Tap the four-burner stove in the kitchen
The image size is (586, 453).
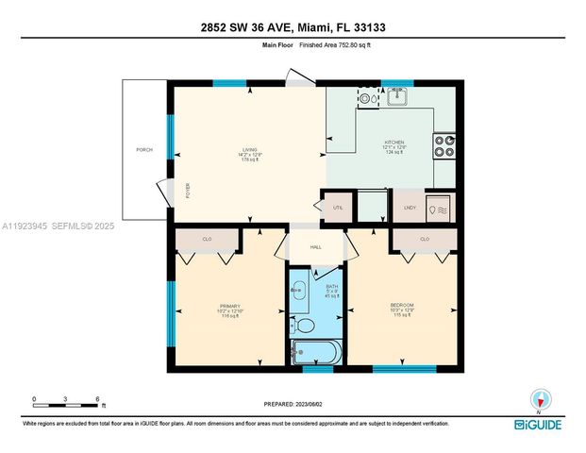click(x=444, y=146)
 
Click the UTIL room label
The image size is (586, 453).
click(x=337, y=207)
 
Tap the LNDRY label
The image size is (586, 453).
click(x=410, y=207)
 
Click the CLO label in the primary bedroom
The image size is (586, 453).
click(x=207, y=240)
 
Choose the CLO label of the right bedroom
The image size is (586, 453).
click(x=425, y=240)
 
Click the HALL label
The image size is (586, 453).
click(x=316, y=247)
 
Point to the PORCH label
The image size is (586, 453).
click(x=144, y=150)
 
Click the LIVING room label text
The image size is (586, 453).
click(x=249, y=149)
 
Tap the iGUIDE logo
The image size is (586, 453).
click(x=538, y=426)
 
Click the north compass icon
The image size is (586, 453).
click(x=539, y=399)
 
